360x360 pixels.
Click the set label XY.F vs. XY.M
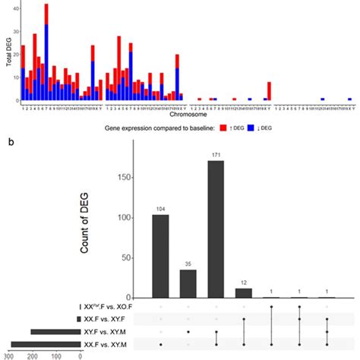tap(107, 332)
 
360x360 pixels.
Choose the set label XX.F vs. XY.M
tap(107, 345)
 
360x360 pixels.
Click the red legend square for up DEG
tap(223, 128)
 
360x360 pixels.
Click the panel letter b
tap(8, 142)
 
